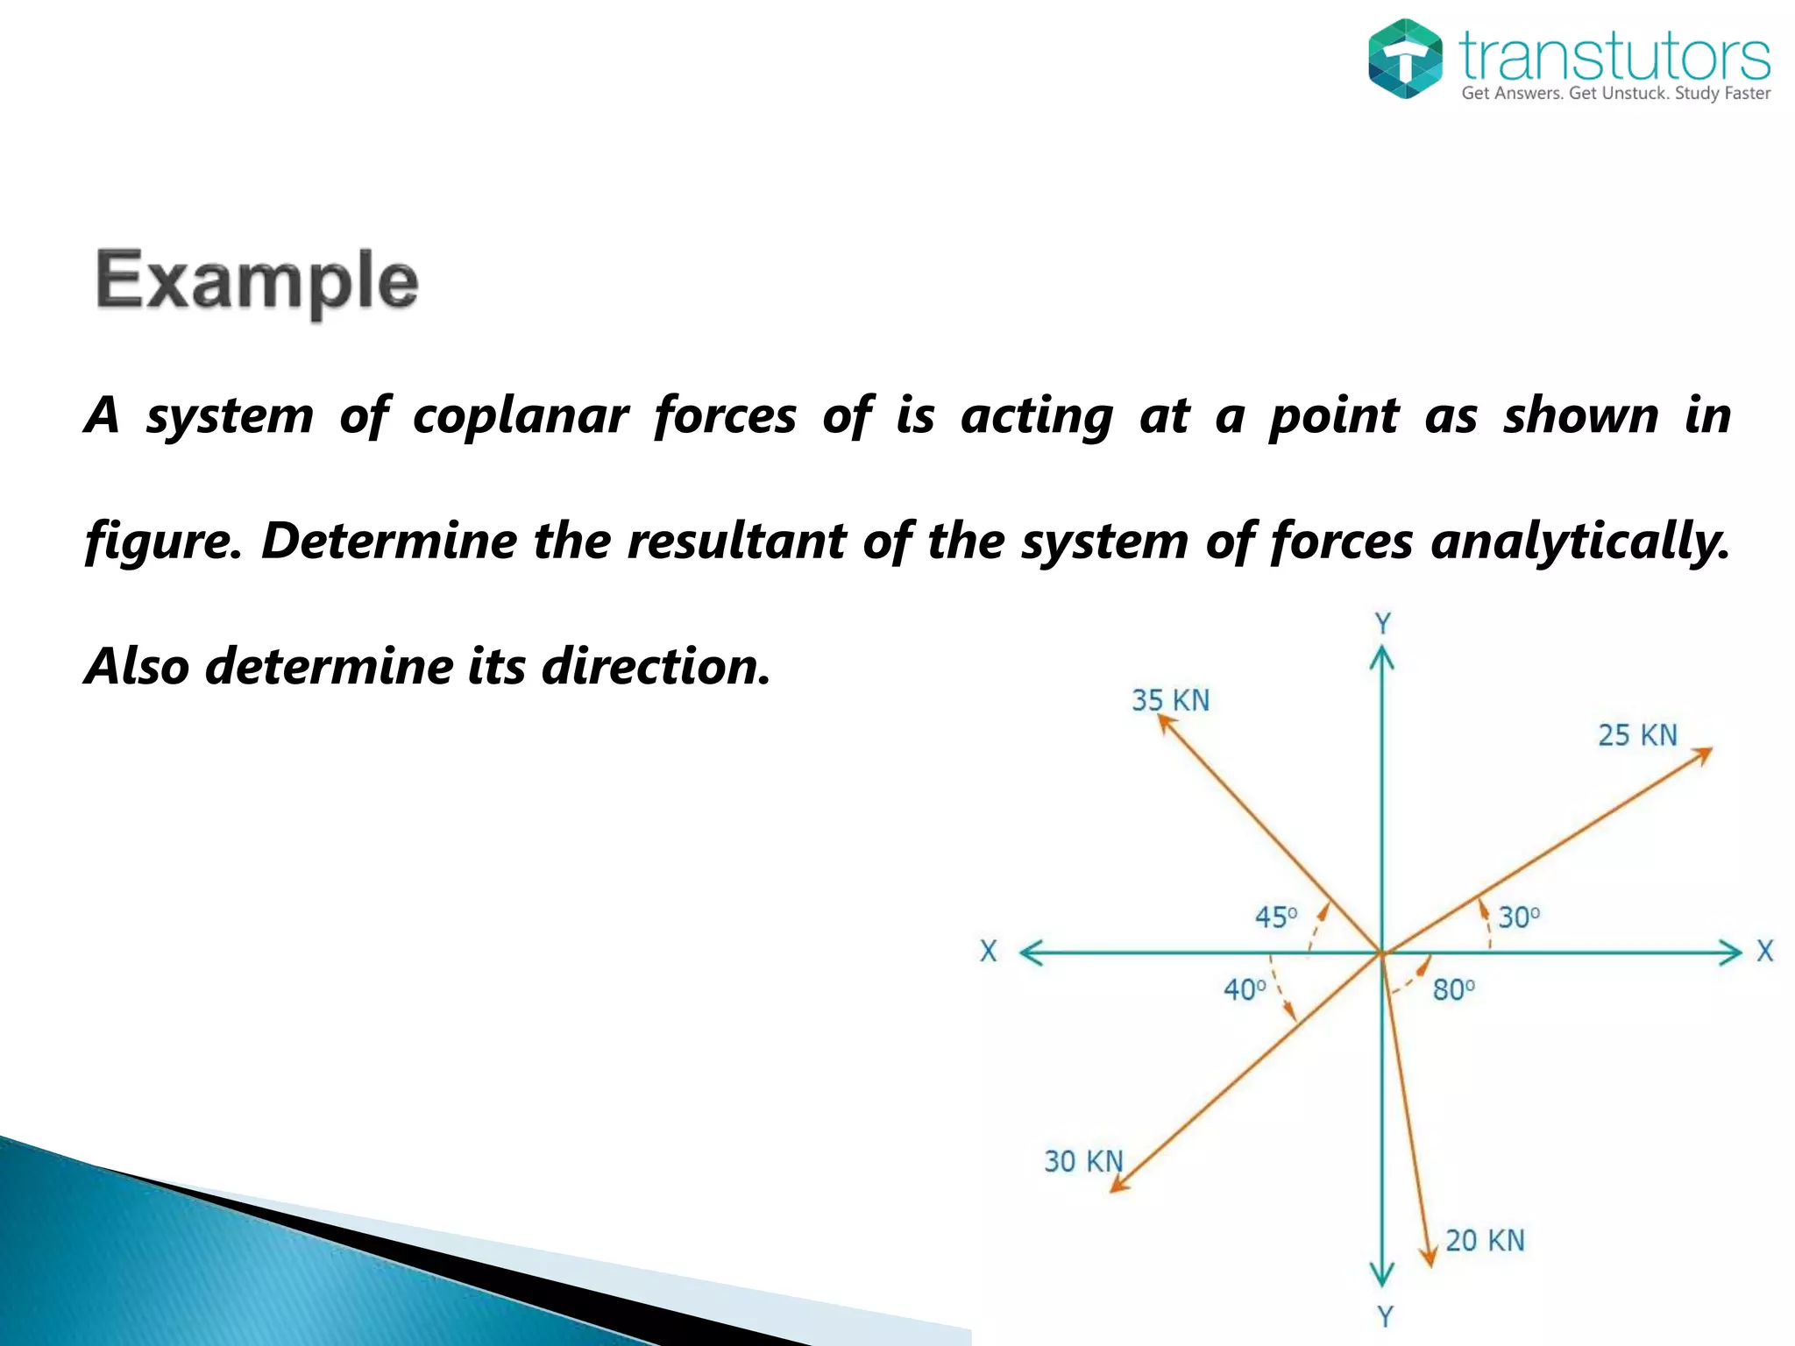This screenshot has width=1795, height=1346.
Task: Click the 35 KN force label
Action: (1170, 701)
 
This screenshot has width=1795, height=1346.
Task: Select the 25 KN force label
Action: (1637, 735)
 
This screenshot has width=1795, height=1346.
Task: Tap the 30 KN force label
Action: (1083, 1161)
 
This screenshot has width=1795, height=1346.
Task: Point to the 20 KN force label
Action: (1485, 1241)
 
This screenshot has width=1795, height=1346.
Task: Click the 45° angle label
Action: (1275, 917)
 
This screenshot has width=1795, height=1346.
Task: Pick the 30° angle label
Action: (1518, 917)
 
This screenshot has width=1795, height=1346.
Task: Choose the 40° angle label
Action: (1245, 990)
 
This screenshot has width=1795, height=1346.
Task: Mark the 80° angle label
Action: (1453, 990)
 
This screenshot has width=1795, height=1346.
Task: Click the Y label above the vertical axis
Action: (1383, 624)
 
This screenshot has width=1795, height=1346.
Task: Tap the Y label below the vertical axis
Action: (1385, 1317)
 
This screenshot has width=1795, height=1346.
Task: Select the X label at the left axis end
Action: (989, 952)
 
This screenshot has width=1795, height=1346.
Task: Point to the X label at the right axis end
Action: (1765, 952)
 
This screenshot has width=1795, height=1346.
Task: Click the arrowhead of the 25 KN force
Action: (1705, 753)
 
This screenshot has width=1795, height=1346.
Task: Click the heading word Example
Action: (257, 282)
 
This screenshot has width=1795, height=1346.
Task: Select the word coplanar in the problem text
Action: (521, 415)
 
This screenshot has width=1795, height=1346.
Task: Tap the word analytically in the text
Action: (1580, 541)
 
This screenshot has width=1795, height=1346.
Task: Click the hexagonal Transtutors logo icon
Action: (1405, 59)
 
